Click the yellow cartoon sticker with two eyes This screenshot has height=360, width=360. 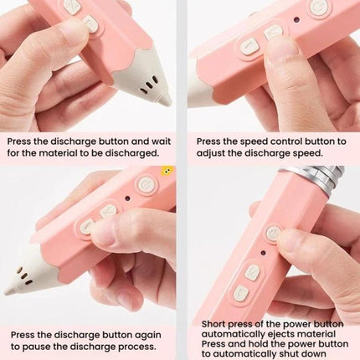click(x=168, y=171)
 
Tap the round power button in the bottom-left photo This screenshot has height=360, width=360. click(x=145, y=184)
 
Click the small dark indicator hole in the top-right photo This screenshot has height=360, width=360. click(x=296, y=20)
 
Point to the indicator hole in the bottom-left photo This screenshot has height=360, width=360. click(x=127, y=198)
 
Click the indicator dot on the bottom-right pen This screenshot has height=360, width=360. click(x=263, y=254)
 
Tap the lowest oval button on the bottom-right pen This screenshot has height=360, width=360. click(x=241, y=293)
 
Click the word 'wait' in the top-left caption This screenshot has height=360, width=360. click(x=161, y=141)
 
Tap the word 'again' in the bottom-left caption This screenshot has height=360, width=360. click(x=149, y=335)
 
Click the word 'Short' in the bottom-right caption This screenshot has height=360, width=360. click(x=213, y=324)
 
